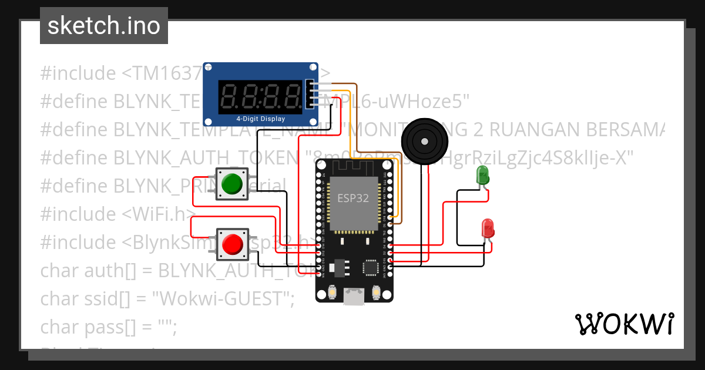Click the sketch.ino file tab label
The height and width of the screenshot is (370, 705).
click(x=103, y=26)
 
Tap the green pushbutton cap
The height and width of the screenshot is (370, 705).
click(x=231, y=184)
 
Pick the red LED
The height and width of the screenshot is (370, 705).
click(x=488, y=228)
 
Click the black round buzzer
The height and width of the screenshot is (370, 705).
click(x=424, y=141)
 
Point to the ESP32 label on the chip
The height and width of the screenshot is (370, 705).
click(x=352, y=198)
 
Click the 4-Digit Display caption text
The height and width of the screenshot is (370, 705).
click(x=260, y=119)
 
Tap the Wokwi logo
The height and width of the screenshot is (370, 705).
click(x=624, y=324)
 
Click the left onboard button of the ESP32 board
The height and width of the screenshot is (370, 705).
click(x=333, y=292)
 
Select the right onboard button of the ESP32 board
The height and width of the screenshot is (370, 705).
click(x=377, y=292)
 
